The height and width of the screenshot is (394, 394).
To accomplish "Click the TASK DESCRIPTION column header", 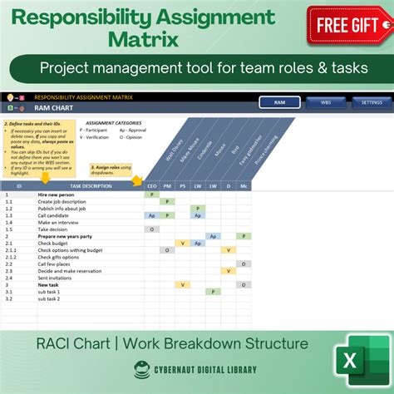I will pos(91,186).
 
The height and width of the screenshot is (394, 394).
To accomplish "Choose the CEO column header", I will pos(151,186).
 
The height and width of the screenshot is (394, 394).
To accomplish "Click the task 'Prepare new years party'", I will pos(66,236).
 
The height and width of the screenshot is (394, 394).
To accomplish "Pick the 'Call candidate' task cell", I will pos(56,215).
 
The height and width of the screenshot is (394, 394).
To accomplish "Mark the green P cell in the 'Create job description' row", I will pos(166,201).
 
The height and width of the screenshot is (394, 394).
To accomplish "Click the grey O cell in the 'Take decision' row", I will pos(151,229).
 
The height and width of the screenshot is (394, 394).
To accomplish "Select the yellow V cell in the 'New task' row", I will pos(182,284).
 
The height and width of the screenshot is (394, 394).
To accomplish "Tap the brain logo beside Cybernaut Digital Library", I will pos(138,372).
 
